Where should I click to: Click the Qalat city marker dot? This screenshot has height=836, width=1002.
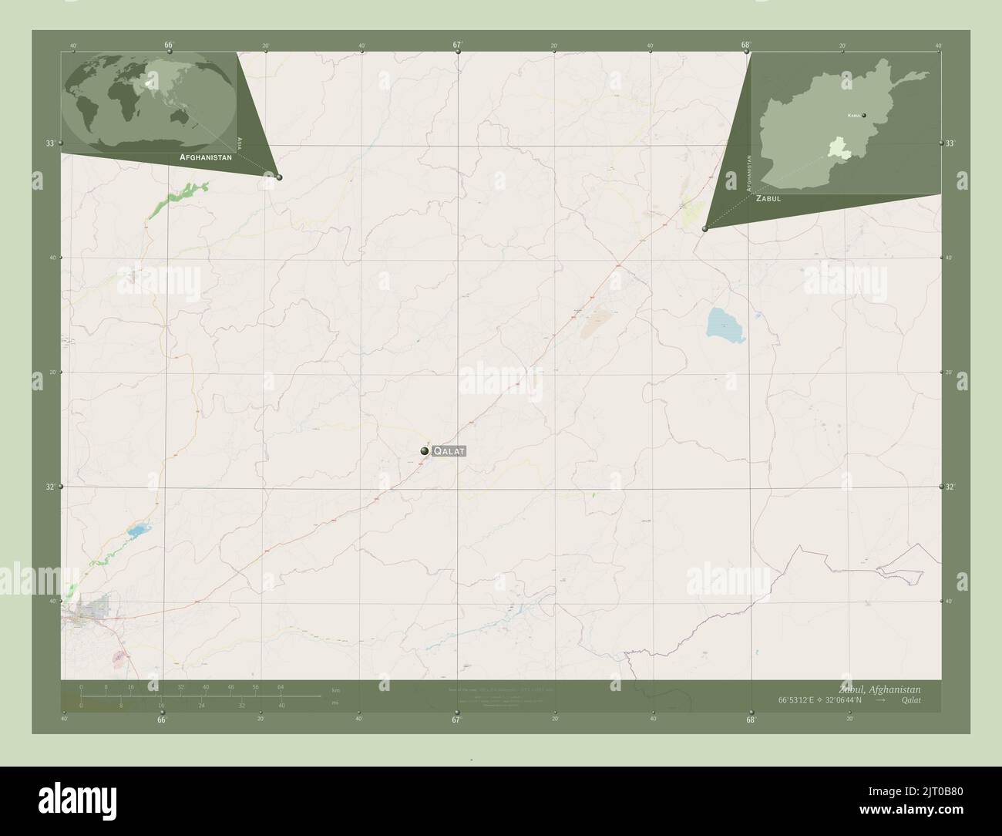click(x=424, y=451)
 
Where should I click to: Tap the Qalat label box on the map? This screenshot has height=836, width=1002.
click(x=449, y=451)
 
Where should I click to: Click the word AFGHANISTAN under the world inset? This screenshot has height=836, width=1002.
click(x=205, y=157)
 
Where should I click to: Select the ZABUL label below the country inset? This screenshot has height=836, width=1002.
click(x=768, y=198)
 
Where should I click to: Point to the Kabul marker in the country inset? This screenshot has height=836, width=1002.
click(x=864, y=116)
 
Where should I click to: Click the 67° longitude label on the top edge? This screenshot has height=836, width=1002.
click(x=457, y=45)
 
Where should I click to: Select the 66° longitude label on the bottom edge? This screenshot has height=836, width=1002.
click(x=161, y=720)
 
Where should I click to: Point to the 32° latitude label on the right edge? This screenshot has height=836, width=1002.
click(x=950, y=487)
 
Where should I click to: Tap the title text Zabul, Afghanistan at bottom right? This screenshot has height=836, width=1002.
click(x=879, y=689)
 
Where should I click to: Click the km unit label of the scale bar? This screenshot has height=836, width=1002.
click(x=335, y=689)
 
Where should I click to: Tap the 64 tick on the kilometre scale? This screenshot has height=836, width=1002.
click(x=281, y=686)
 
